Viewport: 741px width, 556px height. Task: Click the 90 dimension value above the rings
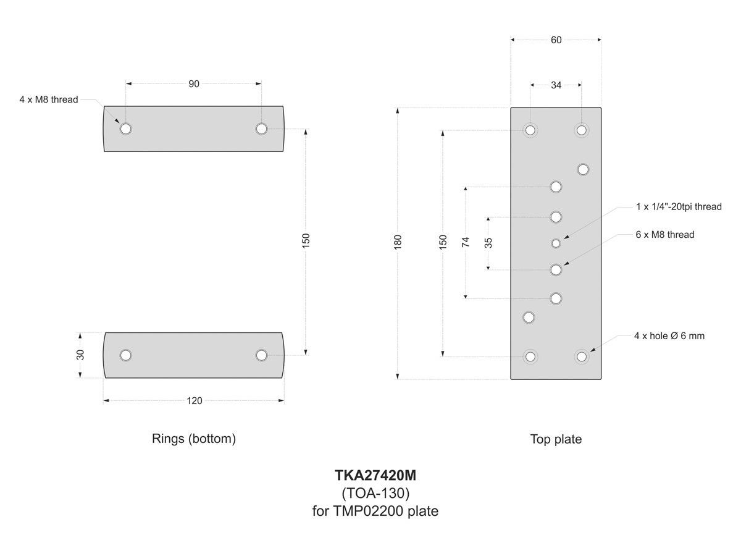click(194, 83)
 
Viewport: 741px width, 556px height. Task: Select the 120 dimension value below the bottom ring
click(194, 401)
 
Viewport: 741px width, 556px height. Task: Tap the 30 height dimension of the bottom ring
click(80, 355)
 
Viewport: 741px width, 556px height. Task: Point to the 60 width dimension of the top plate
click(556, 40)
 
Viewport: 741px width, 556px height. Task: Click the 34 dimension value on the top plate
click(556, 85)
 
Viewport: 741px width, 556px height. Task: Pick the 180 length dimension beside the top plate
click(398, 241)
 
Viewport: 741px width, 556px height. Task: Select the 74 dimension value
click(466, 242)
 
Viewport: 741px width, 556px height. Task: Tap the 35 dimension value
click(488, 242)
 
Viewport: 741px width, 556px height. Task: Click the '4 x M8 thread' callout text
click(49, 99)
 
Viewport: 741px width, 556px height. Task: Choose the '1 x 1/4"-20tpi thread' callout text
click(679, 207)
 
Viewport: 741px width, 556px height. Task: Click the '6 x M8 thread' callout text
click(665, 235)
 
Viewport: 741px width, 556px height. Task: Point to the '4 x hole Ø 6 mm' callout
click(669, 336)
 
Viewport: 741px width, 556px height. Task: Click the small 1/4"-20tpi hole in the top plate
click(556, 243)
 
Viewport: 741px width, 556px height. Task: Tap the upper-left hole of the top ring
click(126, 128)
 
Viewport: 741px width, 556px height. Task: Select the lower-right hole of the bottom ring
click(261, 355)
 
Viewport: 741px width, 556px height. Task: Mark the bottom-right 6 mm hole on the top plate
click(581, 356)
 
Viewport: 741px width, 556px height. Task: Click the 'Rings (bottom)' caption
click(194, 439)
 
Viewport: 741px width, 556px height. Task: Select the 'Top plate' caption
click(556, 439)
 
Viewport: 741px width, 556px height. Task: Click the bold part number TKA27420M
click(375, 476)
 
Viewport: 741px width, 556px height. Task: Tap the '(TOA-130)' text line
click(375, 494)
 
